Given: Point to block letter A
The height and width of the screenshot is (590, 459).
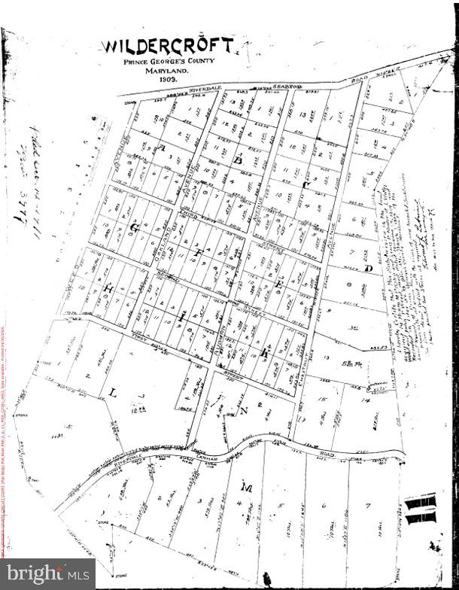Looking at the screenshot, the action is click(162, 149).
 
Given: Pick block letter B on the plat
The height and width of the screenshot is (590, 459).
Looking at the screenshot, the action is click(238, 160).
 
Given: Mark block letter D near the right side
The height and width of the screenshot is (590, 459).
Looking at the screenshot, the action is click(368, 269).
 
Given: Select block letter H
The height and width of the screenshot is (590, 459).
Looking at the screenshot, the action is click(108, 288).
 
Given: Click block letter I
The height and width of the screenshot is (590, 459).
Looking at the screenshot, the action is click(183, 319).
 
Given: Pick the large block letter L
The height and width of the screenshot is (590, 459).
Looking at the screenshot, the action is click(112, 394).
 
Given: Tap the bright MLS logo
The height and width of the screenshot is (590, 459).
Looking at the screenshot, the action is click(47, 575).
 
